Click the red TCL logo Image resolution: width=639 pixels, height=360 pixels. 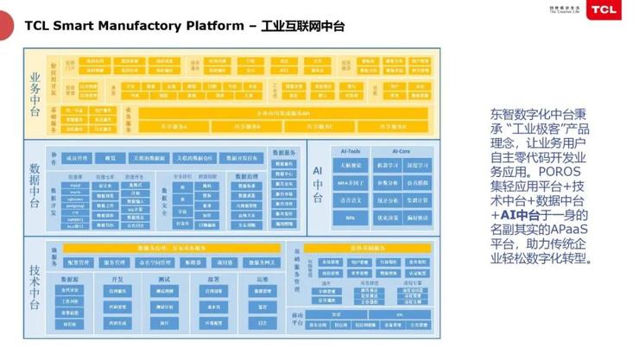615,10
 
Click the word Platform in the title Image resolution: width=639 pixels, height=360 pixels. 216,26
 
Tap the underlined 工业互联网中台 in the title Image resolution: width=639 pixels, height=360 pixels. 302,26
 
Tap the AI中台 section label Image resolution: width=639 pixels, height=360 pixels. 317,186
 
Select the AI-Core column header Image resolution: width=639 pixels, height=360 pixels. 402,150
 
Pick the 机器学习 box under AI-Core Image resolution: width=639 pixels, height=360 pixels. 386,165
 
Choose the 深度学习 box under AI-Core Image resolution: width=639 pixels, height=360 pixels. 418,165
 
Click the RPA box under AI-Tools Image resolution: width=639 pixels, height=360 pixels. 350,218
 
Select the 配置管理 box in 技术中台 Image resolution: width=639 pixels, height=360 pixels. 78,262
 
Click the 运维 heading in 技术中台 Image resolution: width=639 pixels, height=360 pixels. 260,279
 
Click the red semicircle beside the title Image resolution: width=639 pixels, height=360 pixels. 4,26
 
